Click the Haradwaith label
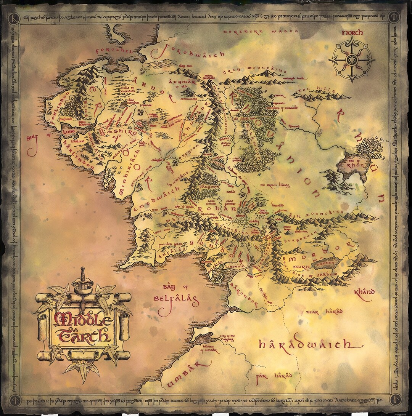tap(309, 345)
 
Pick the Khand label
tap(364, 293)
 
